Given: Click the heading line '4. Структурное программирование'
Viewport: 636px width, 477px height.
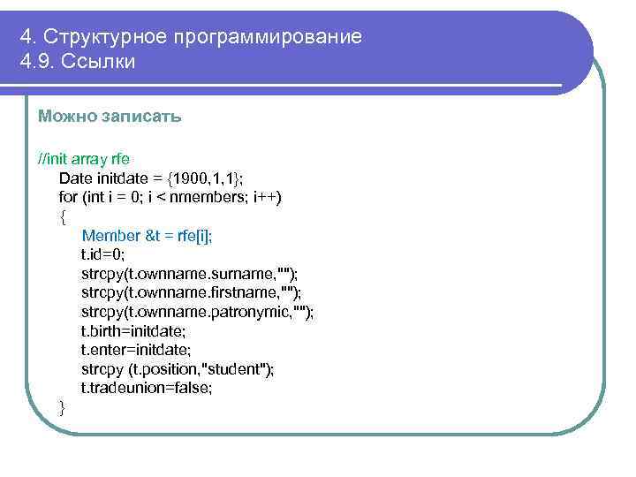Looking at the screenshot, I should tap(191, 37).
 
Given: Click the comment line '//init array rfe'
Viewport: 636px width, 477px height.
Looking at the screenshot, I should tap(84, 159).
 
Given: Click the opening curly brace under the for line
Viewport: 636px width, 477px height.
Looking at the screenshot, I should tap(62, 216).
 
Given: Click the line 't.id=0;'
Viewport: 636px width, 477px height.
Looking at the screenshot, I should tap(103, 254).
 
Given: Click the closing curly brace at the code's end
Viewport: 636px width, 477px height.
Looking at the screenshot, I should tap(62, 407).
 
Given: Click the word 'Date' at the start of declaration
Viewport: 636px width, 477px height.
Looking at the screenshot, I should tap(73, 178).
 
